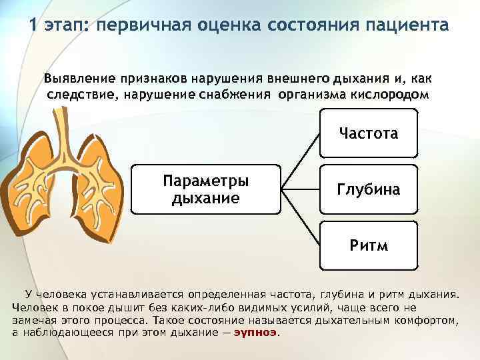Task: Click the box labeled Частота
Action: pos(368,133)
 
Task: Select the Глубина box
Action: pos(368,189)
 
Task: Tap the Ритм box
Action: pos(368,245)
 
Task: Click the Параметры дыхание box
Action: pos(206,189)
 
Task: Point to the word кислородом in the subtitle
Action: pos(389,94)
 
